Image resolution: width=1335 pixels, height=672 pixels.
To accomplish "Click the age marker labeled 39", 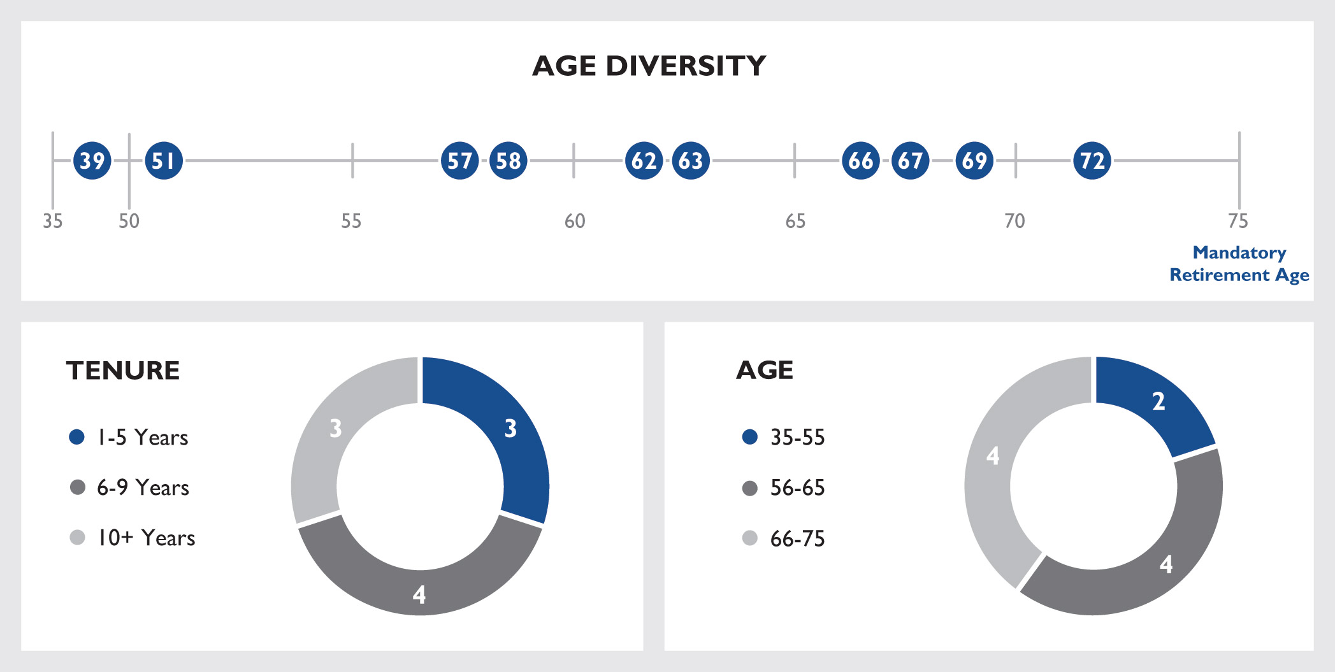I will tap(92, 161).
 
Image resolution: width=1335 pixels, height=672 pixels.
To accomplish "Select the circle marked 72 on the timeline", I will tap(1092, 161).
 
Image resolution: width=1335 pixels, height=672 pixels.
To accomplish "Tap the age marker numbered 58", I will tap(509, 161).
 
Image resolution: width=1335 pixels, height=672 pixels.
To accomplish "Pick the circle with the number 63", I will tap(691, 161).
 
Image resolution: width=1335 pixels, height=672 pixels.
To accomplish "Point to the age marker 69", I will tap(974, 161).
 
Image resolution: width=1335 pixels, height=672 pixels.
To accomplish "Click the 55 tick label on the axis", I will tap(351, 221).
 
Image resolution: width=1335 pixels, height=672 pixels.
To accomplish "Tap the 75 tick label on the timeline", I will tap(1238, 221).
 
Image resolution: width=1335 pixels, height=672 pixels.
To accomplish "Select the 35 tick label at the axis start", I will tap(52, 221).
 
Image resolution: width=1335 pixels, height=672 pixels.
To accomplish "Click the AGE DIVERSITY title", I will tap(649, 66).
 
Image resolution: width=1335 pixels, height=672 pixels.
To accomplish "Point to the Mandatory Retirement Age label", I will tap(1239, 264).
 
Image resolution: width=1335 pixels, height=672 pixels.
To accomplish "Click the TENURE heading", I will tap(123, 371).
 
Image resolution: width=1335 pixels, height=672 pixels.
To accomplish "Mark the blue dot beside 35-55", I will tap(750, 437).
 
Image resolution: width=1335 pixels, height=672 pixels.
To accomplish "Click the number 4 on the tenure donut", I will tap(419, 594).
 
